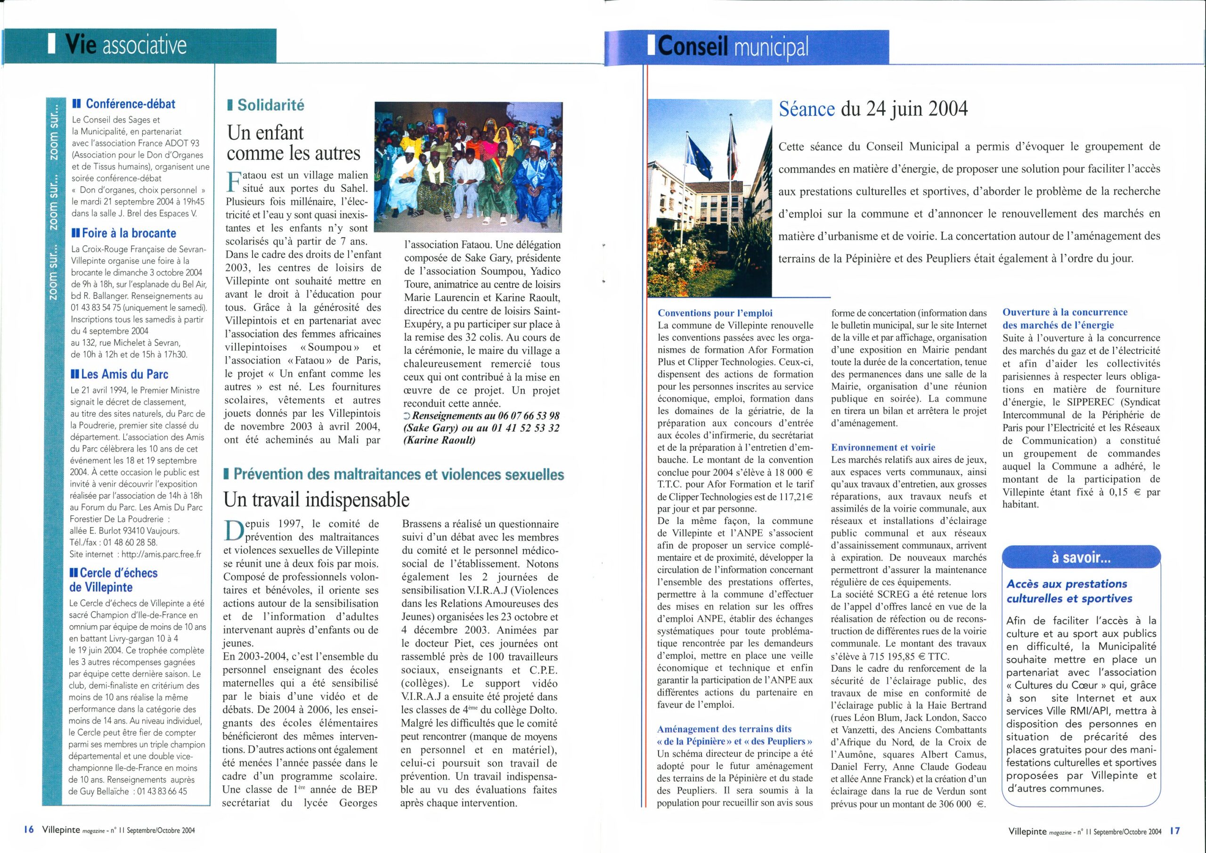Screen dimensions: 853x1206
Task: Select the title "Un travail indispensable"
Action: [x=316, y=499]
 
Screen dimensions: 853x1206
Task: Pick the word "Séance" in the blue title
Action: [x=807, y=109]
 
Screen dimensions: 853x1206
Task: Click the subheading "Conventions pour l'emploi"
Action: [x=716, y=313]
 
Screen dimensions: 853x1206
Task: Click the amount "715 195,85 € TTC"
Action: [x=913, y=657]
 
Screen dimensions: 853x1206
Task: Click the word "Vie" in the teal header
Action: [x=81, y=46]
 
